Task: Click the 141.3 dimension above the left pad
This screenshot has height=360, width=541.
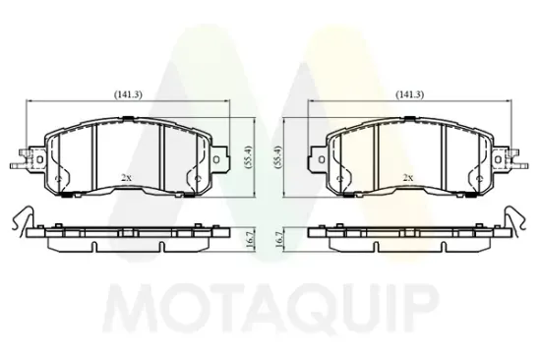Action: click(x=128, y=94)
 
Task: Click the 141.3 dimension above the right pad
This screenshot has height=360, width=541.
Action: click(x=409, y=94)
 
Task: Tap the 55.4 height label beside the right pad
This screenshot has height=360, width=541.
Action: click(x=279, y=156)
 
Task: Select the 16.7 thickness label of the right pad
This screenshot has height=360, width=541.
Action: click(x=279, y=239)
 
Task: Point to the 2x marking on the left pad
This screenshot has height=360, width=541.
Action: click(x=126, y=178)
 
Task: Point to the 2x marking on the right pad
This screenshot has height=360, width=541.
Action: click(x=408, y=178)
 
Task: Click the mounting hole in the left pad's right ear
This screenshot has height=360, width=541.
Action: click(x=216, y=159)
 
